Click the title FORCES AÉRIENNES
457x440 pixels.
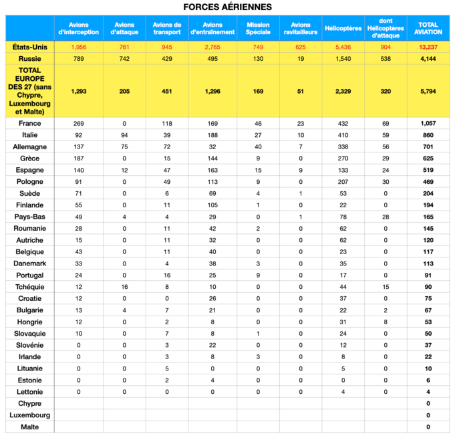point(228,7)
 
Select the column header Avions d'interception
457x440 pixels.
point(79,28)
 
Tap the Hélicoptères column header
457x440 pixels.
point(343,28)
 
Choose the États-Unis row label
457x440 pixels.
point(30,47)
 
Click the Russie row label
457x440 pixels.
point(30,59)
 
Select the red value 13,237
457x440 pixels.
point(428,47)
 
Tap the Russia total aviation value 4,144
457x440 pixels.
point(428,59)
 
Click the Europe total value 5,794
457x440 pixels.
point(428,92)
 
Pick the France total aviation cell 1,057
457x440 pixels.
point(428,124)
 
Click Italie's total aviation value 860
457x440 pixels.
point(428,134)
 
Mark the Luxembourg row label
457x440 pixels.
point(30,415)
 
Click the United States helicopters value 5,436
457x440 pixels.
point(343,47)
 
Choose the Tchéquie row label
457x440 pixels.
point(30,287)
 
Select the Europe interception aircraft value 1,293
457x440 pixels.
point(79,92)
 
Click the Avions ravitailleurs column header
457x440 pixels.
point(301,28)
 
